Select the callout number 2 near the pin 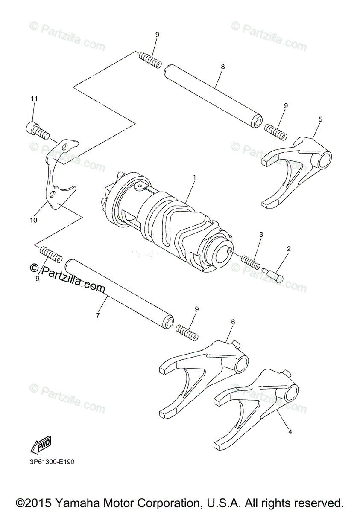pyautogui.click(x=289, y=248)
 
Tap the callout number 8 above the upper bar pyautogui.click(x=223, y=67)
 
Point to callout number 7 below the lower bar pyautogui.click(x=97, y=316)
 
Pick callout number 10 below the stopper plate pyautogui.click(x=34, y=220)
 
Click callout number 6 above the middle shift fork pyautogui.click(x=233, y=322)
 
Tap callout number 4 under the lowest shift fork pyautogui.click(x=290, y=432)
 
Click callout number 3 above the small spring pyautogui.click(x=260, y=234)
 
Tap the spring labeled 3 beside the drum pyautogui.click(x=250, y=262)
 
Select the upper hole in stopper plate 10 pyautogui.click(x=64, y=148)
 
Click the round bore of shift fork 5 pyautogui.click(x=325, y=160)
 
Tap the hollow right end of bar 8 pyautogui.click(x=258, y=122)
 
